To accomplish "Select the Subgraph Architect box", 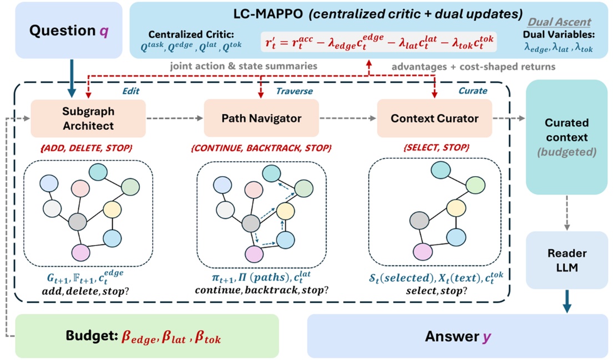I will click(x=88, y=118).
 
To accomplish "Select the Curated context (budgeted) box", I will click(x=567, y=137).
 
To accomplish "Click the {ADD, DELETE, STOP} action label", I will click(x=88, y=148).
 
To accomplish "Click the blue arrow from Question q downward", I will click(x=70, y=78).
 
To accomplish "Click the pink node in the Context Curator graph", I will click(x=422, y=251).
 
